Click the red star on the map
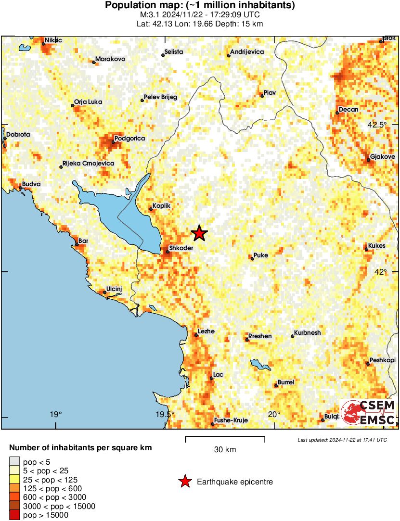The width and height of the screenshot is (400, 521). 199,233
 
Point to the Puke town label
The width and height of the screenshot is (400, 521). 261,255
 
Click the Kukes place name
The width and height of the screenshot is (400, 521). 377,246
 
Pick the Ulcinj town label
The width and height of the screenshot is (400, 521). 114,289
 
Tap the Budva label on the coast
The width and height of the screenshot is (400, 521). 31,184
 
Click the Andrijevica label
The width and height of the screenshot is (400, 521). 247,51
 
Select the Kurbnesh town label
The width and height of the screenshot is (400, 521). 308,332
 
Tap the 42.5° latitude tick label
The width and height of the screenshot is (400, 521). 377,125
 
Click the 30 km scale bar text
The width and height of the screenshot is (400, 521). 225,450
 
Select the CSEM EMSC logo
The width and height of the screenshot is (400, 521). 369,412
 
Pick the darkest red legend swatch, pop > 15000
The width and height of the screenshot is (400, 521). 14,515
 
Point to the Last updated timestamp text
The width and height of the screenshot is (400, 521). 342,440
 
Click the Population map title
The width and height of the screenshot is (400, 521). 200,6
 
